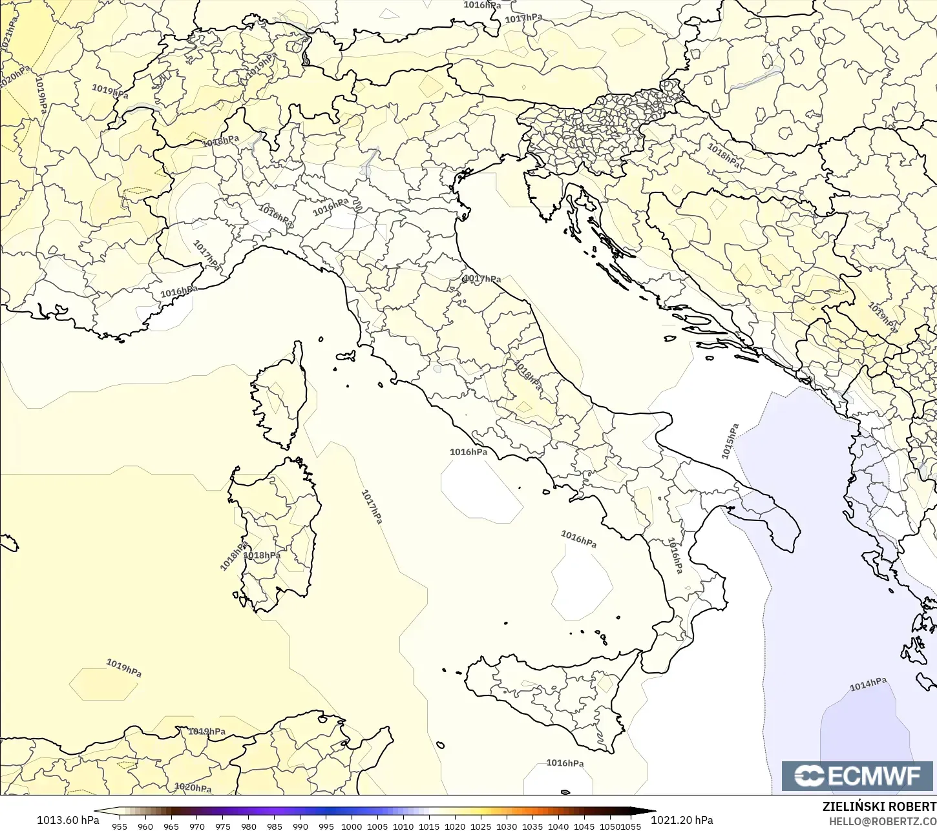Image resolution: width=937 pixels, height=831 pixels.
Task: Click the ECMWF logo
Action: [859, 775]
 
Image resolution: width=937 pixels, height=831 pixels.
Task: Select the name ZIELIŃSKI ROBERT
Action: [879, 806]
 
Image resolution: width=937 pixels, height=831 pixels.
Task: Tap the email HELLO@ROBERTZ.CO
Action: [883, 821]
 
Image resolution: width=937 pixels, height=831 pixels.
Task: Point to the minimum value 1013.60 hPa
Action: [68, 820]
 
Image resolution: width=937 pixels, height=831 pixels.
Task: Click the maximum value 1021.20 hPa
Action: [682, 820]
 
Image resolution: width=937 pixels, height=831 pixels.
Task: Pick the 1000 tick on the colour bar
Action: [352, 826]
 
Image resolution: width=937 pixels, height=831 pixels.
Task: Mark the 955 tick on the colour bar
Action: [120, 826]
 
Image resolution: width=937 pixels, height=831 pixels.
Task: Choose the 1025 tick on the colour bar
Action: [481, 826]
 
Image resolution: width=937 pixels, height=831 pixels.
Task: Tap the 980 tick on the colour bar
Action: [249, 826]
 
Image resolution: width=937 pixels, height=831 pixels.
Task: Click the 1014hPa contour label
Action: [867, 684]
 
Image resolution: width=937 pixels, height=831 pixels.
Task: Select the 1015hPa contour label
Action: [730, 442]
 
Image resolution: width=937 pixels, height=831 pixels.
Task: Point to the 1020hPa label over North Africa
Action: [193, 788]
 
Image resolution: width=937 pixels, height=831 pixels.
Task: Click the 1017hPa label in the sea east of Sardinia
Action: [372, 507]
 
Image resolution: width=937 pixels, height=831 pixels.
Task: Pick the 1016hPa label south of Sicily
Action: [565, 763]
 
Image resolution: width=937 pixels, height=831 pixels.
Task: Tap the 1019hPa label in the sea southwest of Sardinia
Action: [123, 668]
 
